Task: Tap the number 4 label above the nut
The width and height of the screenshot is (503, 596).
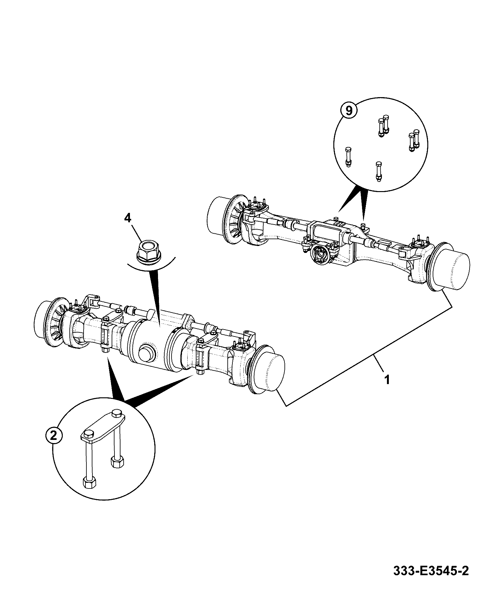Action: tap(128, 218)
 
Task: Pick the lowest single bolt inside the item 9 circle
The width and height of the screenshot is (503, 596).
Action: tap(378, 172)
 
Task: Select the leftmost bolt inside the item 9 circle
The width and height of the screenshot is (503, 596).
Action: tap(348, 156)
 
